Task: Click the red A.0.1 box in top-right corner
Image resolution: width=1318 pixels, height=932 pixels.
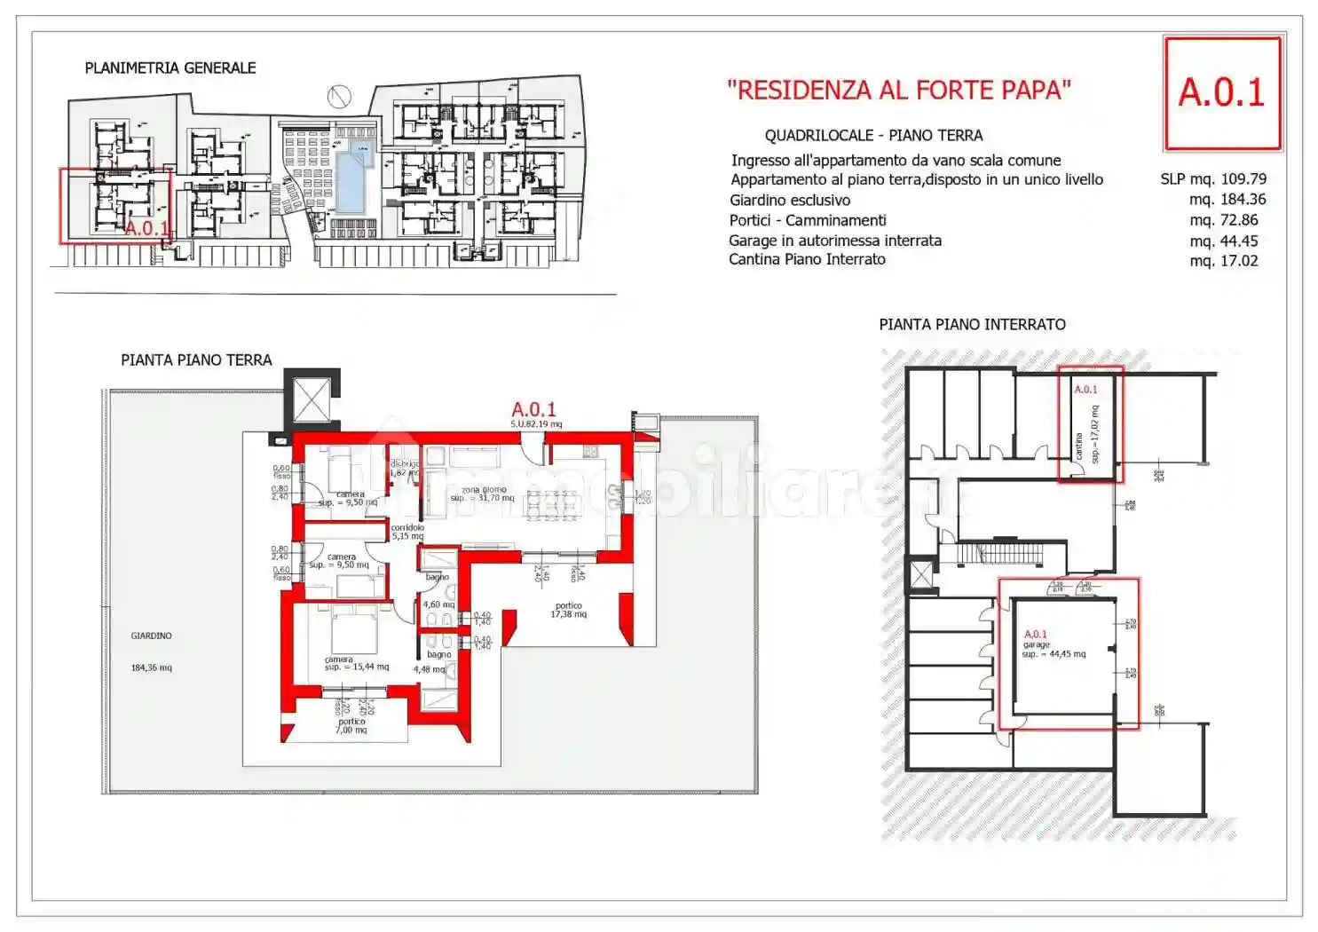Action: (1222, 92)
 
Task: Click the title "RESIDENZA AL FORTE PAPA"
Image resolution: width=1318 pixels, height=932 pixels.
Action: (898, 91)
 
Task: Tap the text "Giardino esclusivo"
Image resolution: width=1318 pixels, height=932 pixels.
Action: (789, 201)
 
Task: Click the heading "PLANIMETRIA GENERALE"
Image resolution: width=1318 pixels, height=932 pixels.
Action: (170, 68)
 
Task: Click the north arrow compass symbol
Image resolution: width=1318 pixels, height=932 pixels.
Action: (338, 96)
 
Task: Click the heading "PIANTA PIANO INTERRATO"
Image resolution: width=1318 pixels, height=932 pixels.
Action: (972, 325)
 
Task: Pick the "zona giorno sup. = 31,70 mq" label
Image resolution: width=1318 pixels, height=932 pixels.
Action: (482, 494)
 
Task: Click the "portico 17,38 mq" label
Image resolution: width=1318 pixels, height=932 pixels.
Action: (568, 610)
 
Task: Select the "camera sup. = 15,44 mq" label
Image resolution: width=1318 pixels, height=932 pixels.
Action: (355, 663)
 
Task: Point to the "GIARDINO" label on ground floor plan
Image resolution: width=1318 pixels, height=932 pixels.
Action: (151, 636)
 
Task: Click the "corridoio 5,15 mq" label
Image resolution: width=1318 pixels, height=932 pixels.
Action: (407, 532)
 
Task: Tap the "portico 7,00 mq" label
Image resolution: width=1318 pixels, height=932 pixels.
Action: (351, 726)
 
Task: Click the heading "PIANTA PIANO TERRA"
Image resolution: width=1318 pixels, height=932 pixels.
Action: (196, 360)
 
